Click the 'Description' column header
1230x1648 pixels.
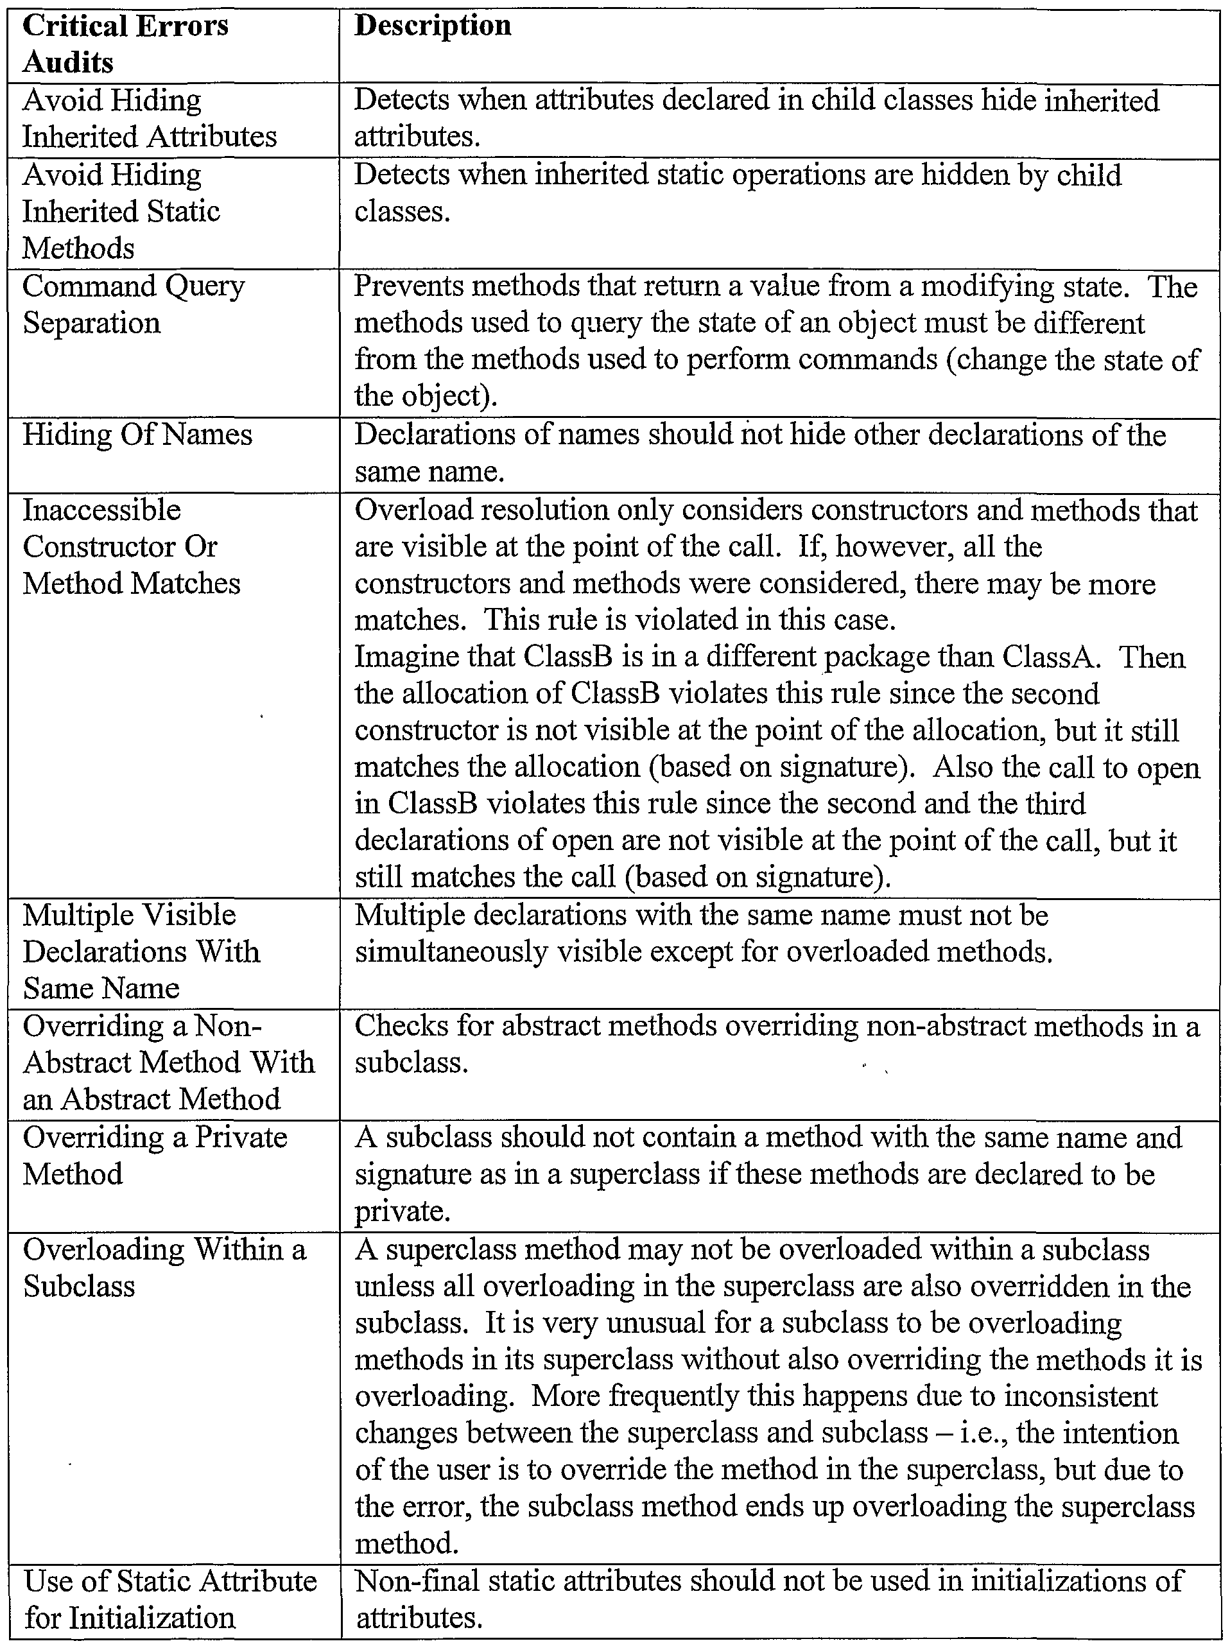[433, 26]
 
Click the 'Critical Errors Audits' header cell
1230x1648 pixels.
[125, 44]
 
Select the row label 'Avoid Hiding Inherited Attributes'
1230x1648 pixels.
[149, 118]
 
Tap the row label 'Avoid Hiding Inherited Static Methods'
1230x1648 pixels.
[121, 211]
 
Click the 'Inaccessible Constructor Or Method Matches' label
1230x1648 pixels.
[131, 546]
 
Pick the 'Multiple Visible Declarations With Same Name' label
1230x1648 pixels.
[141, 951]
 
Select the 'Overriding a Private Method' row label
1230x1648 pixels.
[155, 1155]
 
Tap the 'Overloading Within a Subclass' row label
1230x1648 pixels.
[164, 1267]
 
